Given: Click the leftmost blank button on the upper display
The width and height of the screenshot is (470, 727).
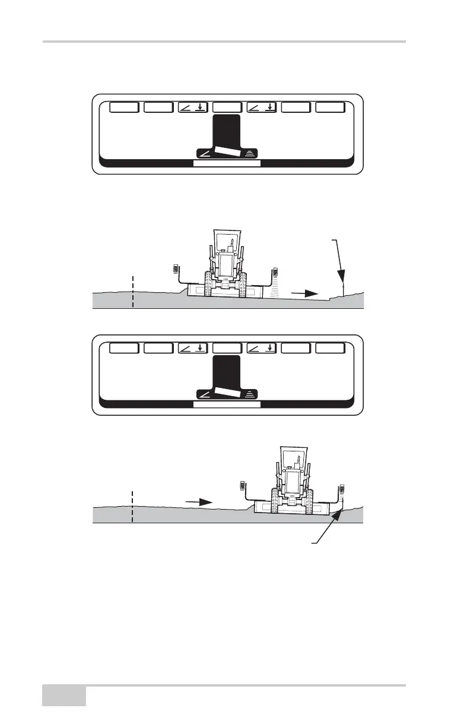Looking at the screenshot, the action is pos(125,108).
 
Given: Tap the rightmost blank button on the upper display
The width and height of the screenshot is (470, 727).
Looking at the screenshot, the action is pos(329,108).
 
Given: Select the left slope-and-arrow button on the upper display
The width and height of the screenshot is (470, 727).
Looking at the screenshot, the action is pos(193,108).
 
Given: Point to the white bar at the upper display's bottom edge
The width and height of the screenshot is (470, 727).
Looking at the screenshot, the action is pos(227,163).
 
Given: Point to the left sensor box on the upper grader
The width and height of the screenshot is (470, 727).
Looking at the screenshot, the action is pos(176,270).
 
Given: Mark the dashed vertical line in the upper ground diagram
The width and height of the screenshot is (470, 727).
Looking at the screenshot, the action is pos(133,291).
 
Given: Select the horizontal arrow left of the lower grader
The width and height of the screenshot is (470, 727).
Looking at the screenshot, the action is pos(199,502).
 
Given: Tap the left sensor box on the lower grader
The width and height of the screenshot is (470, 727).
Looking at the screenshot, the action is pos(243,485).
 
